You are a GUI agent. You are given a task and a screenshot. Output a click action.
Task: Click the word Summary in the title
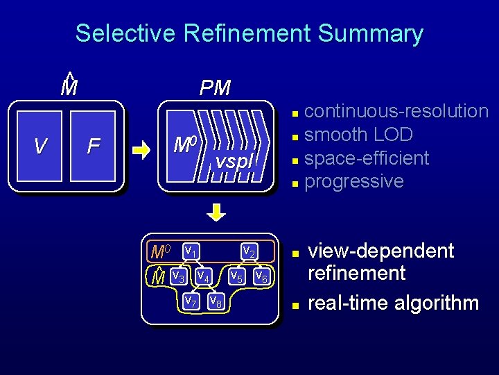point(368,33)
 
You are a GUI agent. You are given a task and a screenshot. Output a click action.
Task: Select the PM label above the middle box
point(215,87)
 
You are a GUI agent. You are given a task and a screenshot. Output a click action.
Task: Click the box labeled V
point(40,147)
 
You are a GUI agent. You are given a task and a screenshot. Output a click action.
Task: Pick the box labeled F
point(94,147)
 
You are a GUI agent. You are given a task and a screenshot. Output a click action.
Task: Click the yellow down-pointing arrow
point(216,212)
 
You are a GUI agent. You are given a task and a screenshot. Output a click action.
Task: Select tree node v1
point(192,250)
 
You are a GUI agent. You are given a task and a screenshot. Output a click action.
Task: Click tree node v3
point(178,276)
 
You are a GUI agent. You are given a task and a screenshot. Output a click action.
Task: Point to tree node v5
point(236,276)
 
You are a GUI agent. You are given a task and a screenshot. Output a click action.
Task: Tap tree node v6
point(261,276)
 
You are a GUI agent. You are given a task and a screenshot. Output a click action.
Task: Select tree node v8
point(216,301)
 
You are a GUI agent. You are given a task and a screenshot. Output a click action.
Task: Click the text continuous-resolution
point(396,111)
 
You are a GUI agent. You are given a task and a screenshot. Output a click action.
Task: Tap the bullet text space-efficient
point(367,158)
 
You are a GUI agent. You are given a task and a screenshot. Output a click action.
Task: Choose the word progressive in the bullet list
point(354,181)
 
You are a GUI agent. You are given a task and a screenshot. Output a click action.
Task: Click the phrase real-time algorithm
point(393,303)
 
